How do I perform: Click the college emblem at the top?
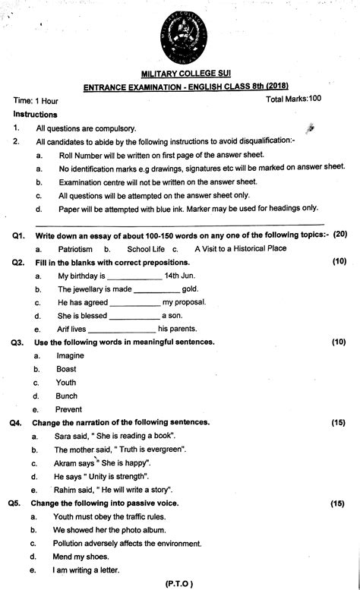point(179,34)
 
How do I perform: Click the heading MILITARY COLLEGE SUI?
point(180,74)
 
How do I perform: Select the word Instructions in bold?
point(36,114)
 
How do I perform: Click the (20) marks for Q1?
point(339,234)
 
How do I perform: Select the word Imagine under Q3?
point(70,355)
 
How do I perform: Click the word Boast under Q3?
point(66,369)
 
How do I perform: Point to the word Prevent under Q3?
point(69,410)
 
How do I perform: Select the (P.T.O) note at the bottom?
point(179,583)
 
